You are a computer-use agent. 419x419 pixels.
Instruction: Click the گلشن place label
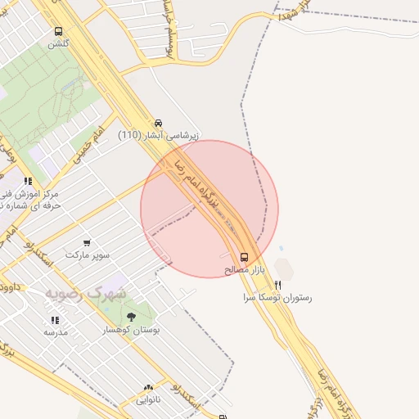[x=58, y=44]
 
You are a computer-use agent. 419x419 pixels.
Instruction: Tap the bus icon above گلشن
[x=58, y=32]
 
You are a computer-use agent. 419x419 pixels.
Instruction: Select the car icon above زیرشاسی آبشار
[x=158, y=123]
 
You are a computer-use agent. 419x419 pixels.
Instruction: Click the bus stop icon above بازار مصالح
[x=244, y=257]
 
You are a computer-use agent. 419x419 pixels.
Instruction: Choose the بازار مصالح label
[x=244, y=269]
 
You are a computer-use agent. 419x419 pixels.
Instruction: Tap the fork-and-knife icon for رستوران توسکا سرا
[x=278, y=286]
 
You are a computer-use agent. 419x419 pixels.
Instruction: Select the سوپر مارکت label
[x=88, y=255]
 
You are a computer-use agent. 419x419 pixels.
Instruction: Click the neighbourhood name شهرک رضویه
[x=86, y=292]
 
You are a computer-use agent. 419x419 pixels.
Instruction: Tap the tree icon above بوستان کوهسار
[x=131, y=317]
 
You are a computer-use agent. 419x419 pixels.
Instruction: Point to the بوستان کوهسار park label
[x=131, y=329]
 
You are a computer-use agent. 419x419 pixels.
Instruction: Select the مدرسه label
[x=56, y=332]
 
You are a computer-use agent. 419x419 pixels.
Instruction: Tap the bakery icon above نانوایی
[x=148, y=388]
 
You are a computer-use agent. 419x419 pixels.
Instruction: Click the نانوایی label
[x=148, y=400]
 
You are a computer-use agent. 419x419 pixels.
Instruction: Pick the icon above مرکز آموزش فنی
[x=28, y=182]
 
